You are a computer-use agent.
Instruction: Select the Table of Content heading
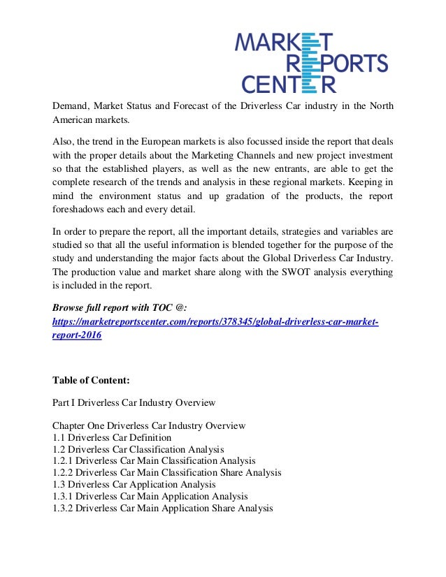click(91, 380)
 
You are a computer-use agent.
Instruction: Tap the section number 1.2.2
click(62, 472)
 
